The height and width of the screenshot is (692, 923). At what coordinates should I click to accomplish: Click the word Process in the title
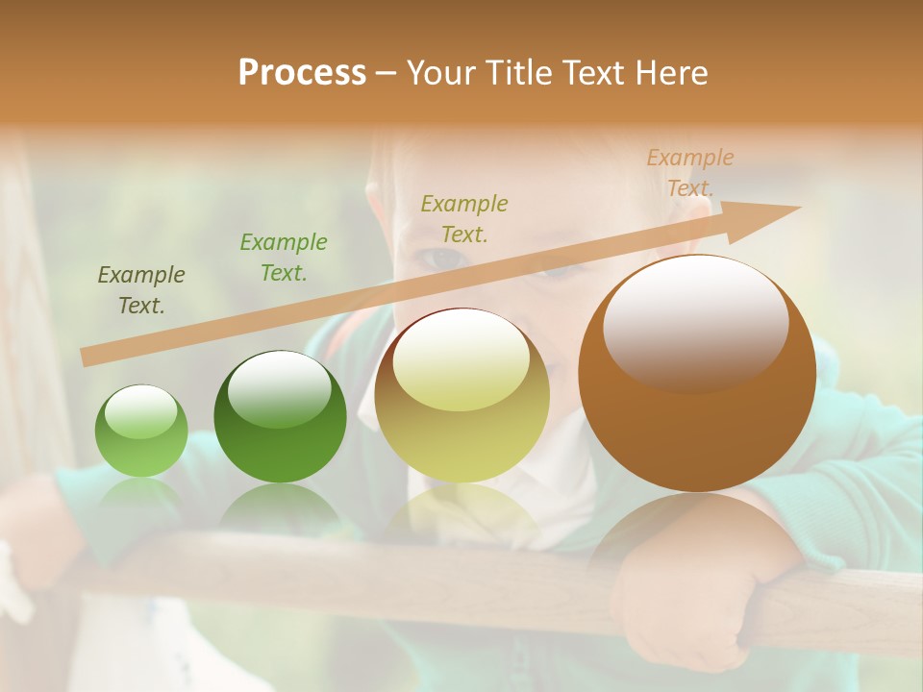pyautogui.click(x=302, y=73)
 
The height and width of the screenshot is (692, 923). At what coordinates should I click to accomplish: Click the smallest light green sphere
pyautogui.click(x=141, y=432)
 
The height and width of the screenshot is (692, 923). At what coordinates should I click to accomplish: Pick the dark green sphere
pyautogui.click(x=280, y=419)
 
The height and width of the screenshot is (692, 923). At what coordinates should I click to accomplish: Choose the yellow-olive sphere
pyautogui.click(x=461, y=398)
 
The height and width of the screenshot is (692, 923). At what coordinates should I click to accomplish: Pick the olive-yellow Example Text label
pyautogui.click(x=464, y=218)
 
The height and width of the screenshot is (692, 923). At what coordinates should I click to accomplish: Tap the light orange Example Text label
pyautogui.click(x=689, y=173)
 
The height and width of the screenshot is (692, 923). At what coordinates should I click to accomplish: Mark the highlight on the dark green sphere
pyautogui.click(x=279, y=388)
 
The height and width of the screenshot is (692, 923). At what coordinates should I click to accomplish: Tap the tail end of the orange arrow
pyautogui.click(x=88, y=357)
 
